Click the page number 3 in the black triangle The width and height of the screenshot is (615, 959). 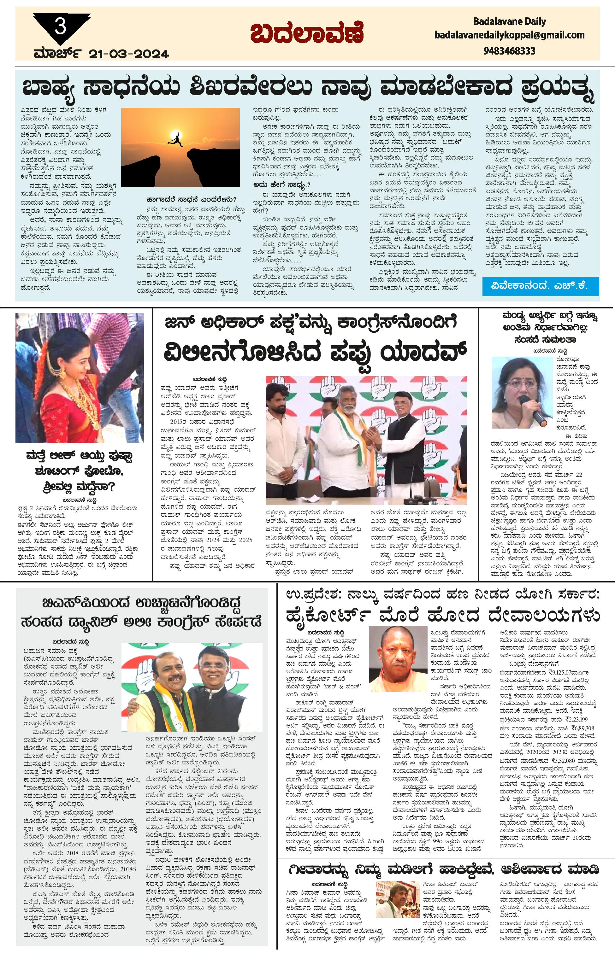pos(60,27)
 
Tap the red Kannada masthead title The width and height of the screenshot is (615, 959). pos(307,33)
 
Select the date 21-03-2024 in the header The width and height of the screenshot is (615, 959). pos(129,54)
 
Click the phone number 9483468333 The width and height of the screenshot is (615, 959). pos(509,51)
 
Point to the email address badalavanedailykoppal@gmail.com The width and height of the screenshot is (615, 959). pos(509,35)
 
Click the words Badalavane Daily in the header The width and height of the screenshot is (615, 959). pos(509,21)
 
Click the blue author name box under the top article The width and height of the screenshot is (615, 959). pos(540,286)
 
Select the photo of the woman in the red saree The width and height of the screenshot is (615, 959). pos(80,377)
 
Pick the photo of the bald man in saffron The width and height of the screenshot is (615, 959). pos(398,658)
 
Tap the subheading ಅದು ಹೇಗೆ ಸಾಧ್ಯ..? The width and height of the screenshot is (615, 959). pos(281,185)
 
